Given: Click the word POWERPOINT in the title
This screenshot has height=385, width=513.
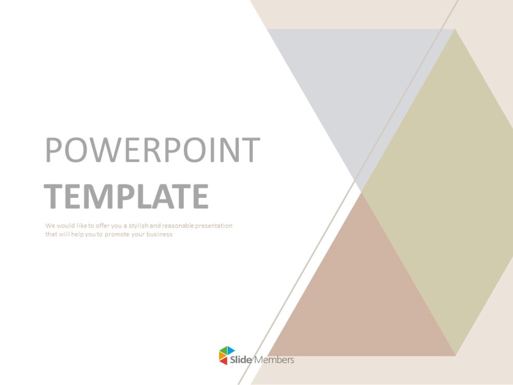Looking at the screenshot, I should (x=152, y=150).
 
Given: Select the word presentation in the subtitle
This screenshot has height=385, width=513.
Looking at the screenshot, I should (x=214, y=226).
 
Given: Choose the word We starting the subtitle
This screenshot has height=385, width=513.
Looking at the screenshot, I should (x=49, y=226).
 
